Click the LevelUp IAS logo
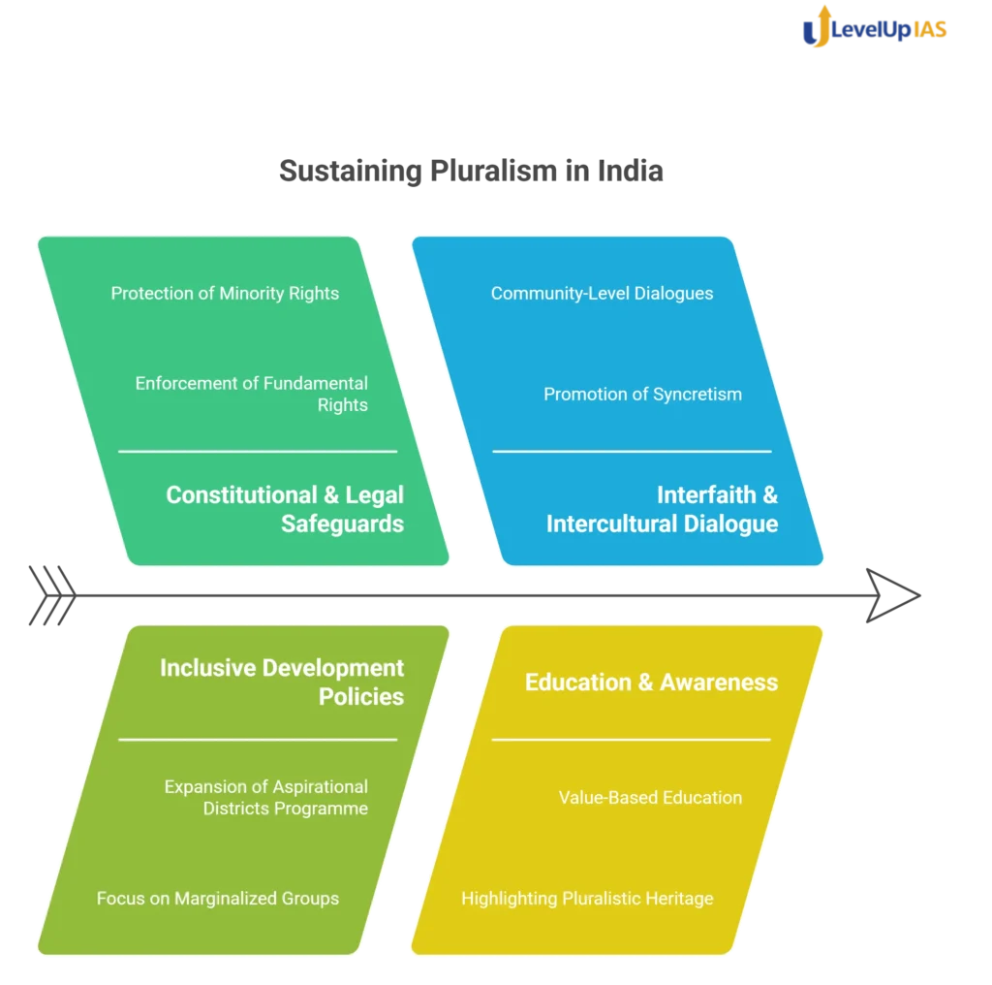pyautogui.click(x=875, y=27)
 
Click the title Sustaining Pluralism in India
pyautogui.click(x=472, y=171)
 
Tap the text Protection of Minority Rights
pyautogui.click(x=225, y=293)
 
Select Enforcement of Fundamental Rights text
pyautogui.click(x=251, y=394)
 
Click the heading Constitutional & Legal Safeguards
pyautogui.click(x=285, y=509)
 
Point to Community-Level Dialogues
pyautogui.click(x=602, y=293)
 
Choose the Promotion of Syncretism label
pyautogui.click(x=642, y=394)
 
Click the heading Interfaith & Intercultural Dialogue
pyautogui.click(x=662, y=509)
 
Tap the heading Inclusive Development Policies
pyautogui.click(x=282, y=682)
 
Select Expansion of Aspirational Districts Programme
pyautogui.click(x=265, y=797)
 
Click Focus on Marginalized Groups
pyautogui.click(x=218, y=899)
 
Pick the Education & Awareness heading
pyautogui.click(x=651, y=682)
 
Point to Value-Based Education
pyautogui.click(x=650, y=797)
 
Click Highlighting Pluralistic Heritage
pyautogui.click(x=587, y=899)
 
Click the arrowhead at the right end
pyautogui.click(x=892, y=595)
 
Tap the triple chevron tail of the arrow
pyautogui.click(x=52, y=595)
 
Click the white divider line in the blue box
pyautogui.click(x=632, y=452)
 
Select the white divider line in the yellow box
pyautogui.click(x=632, y=739)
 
